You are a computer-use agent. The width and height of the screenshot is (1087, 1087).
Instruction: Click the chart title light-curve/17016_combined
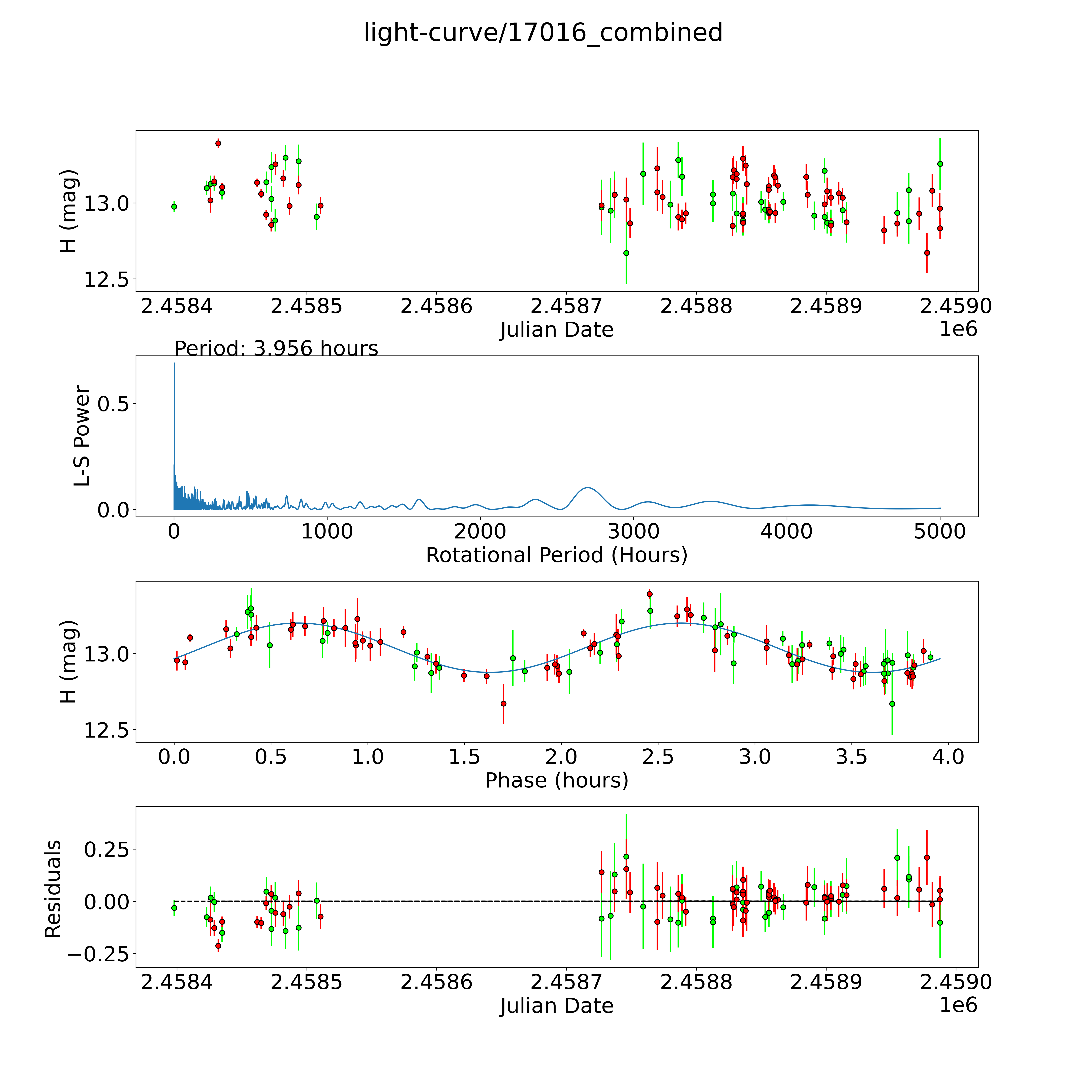pyautogui.click(x=543, y=33)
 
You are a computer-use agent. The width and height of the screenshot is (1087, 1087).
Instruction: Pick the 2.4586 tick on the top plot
pyautogui.click(x=436, y=307)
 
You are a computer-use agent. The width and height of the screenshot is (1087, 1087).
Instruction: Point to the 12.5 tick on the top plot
pyautogui.click(x=107, y=280)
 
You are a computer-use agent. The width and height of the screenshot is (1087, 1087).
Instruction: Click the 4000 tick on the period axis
pyautogui.click(x=786, y=532)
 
